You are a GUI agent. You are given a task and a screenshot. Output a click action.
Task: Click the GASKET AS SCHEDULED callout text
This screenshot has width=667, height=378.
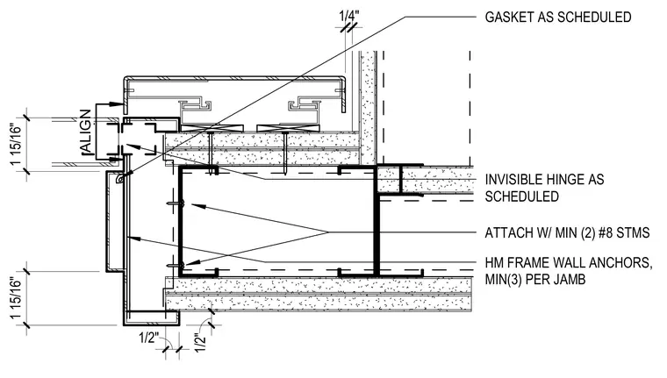[x=557, y=18]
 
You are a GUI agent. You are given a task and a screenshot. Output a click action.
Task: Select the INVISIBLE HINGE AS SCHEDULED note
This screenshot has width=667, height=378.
[x=544, y=188]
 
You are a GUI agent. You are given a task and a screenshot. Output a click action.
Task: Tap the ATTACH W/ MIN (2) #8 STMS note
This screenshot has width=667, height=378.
[x=567, y=233]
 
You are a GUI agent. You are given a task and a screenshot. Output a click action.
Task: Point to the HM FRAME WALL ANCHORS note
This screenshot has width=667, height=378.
[x=569, y=271]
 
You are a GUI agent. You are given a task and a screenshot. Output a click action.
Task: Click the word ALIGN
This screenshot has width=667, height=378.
[x=85, y=132]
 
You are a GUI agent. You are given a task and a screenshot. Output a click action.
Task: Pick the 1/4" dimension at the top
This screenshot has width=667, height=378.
[x=348, y=16]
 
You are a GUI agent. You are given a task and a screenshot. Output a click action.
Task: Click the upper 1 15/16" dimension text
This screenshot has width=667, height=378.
[x=16, y=145]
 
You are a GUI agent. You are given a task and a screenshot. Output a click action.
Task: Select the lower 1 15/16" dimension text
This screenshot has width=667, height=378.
[x=16, y=298]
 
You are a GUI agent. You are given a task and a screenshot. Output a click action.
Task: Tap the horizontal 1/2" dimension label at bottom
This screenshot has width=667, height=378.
[x=149, y=338]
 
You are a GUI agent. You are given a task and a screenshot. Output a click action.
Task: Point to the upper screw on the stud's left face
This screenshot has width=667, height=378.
[x=176, y=204]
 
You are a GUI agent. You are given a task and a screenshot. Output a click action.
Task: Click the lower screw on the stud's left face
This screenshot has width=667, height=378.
[x=176, y=266]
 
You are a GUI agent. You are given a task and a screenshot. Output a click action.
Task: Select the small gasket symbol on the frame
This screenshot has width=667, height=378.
[x=121, y=180]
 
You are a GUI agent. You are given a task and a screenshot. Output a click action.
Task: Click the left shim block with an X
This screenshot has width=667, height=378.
[x=212, y=128]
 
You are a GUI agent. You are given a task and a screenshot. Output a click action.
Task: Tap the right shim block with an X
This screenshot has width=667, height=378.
[x=288, y=128]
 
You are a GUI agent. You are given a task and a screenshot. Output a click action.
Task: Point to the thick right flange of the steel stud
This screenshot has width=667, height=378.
[x=377, y=221]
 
